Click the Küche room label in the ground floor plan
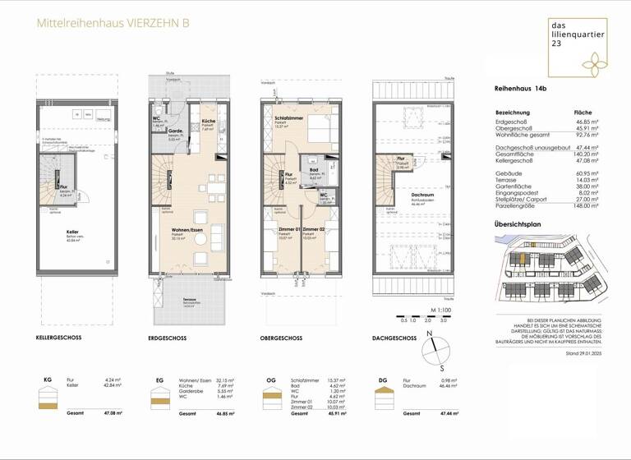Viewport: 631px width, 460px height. tap(208, 121)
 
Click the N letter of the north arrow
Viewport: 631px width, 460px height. tap(430, 334)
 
